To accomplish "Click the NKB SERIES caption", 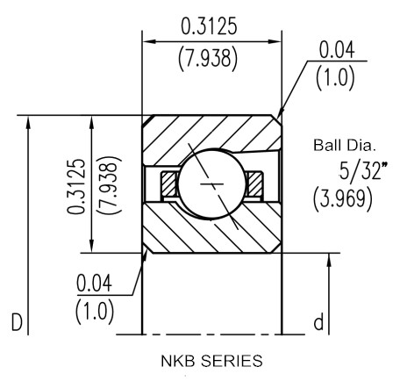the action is tap(211, 361).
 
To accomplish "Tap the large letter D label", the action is tap(17, 322).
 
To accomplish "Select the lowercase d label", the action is tap(318, 321).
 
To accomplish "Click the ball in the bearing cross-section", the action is tap(211, 183).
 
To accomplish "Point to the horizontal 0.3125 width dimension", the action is tap(209, 26).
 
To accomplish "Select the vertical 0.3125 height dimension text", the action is tap(76, 186).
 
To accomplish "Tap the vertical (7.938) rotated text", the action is tap(109, 185).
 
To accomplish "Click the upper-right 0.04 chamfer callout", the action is tap(337, 50).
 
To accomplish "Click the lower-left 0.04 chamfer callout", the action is tap(94, 283).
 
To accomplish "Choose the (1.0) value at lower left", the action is tap(95, 313).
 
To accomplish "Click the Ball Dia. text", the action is tap(344, 145).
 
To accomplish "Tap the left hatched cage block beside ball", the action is tap(168, 184).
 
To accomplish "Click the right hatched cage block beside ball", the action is tap(254, 184).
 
